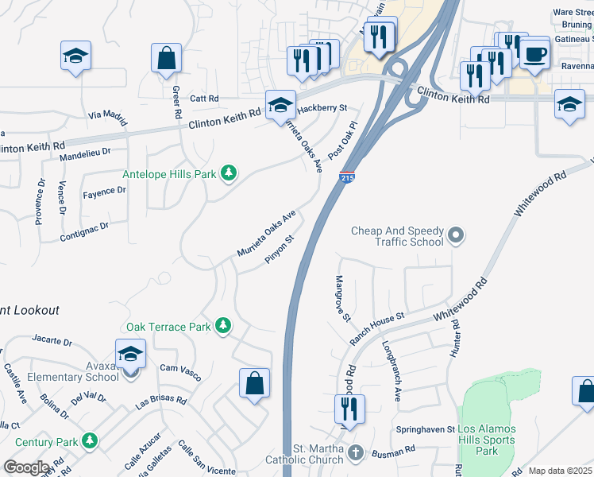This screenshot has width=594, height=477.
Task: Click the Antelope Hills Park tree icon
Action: point(229,173)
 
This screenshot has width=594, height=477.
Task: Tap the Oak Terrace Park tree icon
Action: point(224,326)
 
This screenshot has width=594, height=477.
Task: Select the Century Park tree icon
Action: point(90,440)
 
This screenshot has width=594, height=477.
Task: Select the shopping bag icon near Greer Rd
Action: point(167,58)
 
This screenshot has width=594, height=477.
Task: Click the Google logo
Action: point(26,467)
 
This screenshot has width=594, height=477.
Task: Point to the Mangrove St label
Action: point(343,299)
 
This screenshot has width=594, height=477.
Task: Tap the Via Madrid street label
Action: point(108,118)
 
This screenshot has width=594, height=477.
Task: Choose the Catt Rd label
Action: point(204,99)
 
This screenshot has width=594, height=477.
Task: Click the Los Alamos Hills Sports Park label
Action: point(488,440)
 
